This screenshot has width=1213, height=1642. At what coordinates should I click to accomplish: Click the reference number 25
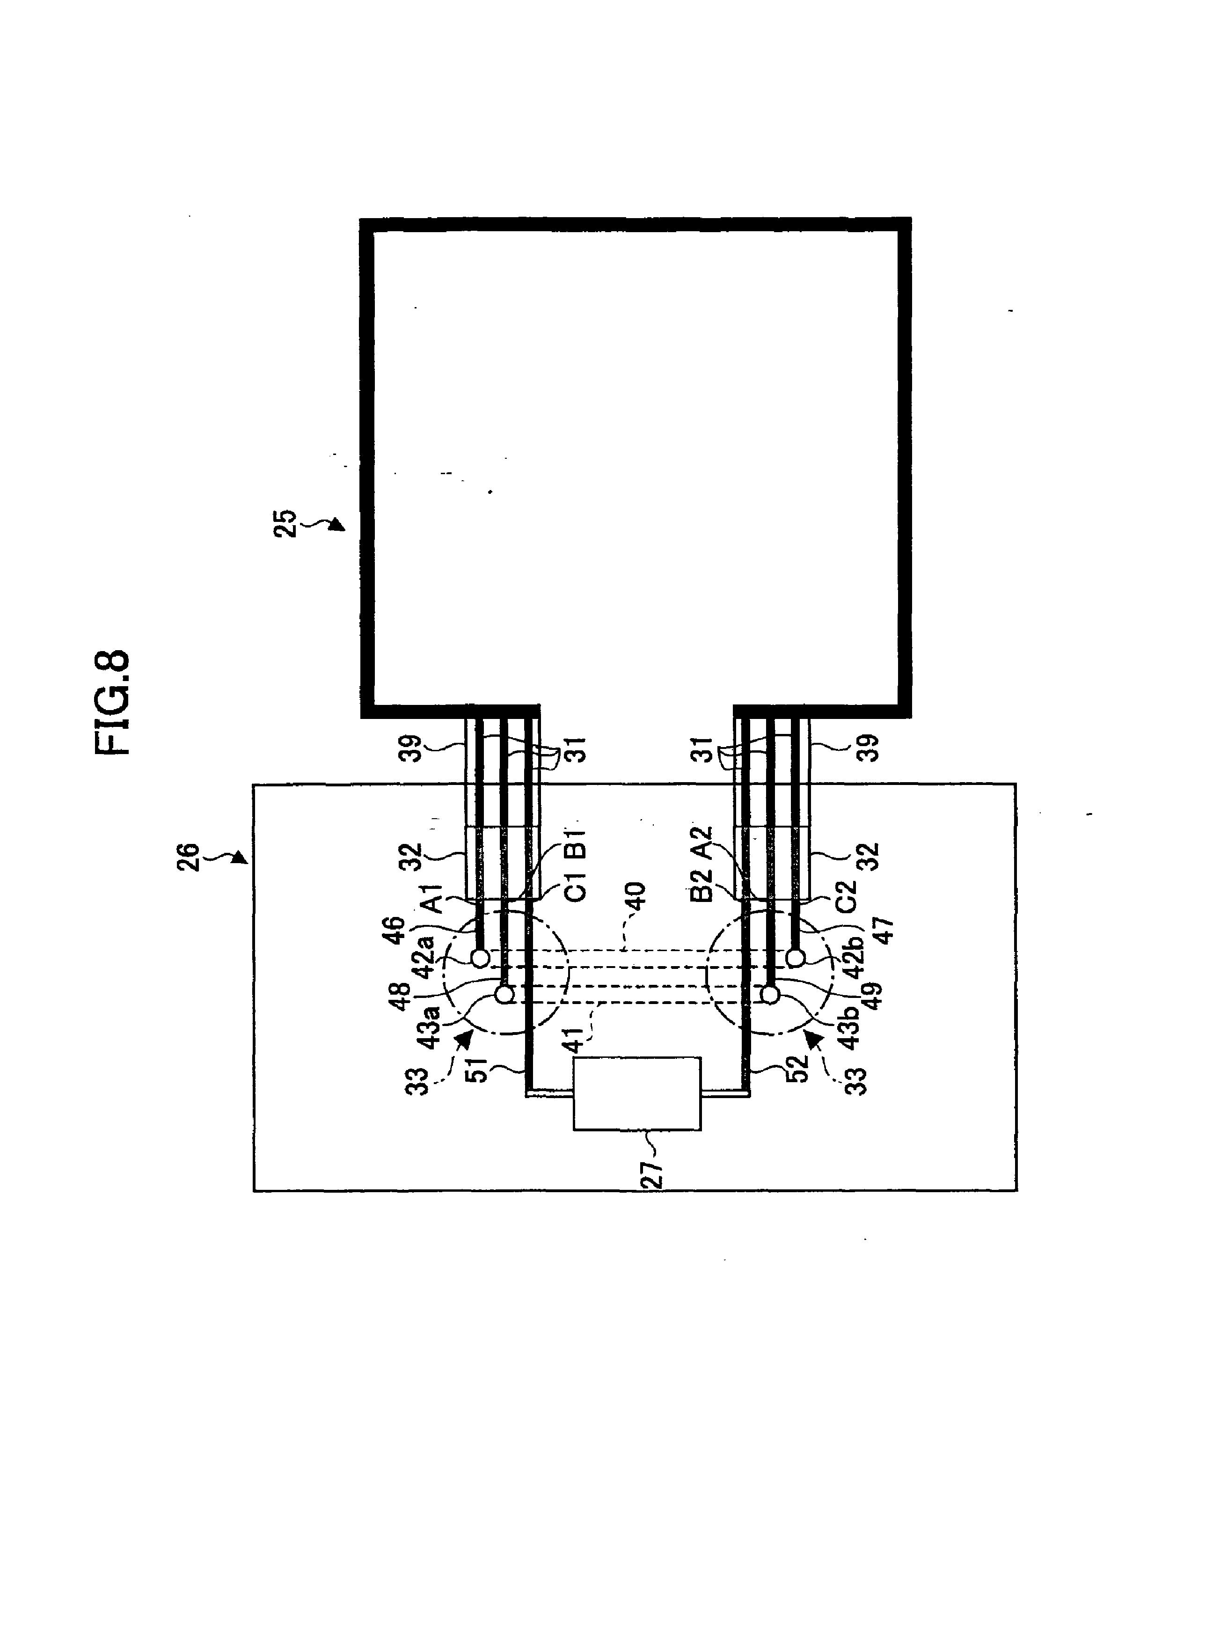pos(285,524)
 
